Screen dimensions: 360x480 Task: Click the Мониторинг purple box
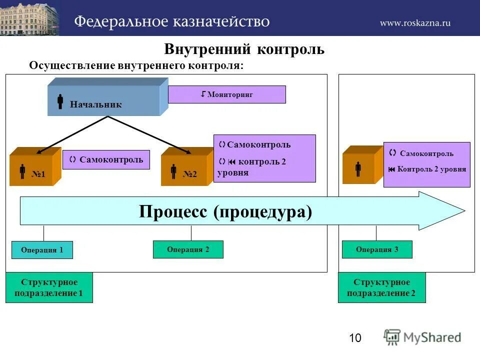[x=226, y=94]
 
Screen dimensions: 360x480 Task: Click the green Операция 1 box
[x=42, y=250]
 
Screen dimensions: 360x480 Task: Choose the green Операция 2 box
[x=188, y=249]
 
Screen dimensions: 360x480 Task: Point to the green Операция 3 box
[x=377, y=249]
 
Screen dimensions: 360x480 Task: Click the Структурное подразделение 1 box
[x=49, y=287]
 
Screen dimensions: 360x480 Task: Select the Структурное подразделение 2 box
[x=382, y=287]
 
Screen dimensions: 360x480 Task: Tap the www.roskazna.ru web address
[x=415, y=22]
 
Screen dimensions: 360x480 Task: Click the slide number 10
[x=355, y=338]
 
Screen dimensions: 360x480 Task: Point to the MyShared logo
[x=422, y=337]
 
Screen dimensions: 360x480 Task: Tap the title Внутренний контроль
[x=244, y=49]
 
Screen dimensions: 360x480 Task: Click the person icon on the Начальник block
[x=60, y=101]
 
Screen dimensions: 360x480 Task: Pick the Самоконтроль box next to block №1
[x=106, y=160]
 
